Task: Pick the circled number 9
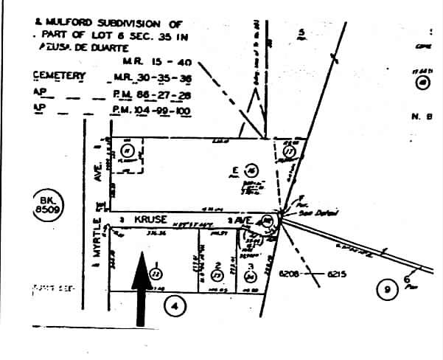386,290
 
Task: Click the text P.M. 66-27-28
150,94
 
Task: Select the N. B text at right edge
420,117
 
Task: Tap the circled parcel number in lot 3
250,276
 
